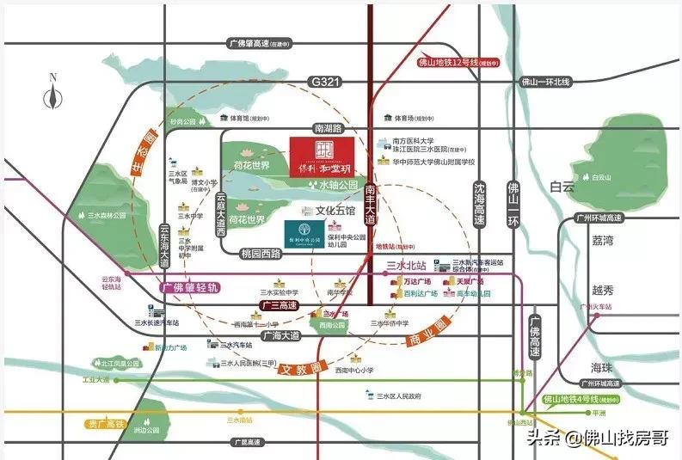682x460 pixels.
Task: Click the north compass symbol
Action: (53, 93)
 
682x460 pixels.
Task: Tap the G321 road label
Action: (322, 81)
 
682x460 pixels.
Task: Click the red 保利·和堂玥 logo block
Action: (322, 157)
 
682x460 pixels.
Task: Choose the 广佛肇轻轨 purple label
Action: (190, 286)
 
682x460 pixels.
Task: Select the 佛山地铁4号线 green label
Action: (581, 399)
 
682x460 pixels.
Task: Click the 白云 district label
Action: (561, 186)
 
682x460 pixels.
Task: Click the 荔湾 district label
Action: (602, 241)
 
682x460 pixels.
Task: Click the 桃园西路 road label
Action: (261, 255)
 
